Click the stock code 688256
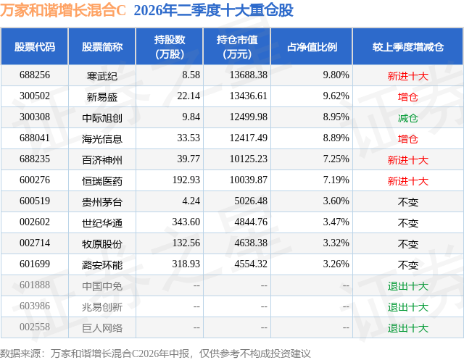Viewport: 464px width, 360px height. (x=35, y=75)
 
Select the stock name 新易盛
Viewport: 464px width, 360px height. (x=102, y=96)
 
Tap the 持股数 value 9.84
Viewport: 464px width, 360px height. (x=191, y=117)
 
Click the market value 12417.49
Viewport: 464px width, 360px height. (x=249, y=138)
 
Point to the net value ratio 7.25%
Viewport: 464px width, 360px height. (x=336, y=159)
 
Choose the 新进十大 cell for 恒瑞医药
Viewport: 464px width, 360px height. (x=408, y=181)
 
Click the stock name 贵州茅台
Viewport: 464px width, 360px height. (x=102, y=202)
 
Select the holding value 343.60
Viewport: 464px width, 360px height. (x=186, y=222)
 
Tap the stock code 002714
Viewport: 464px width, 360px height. (x=35, y=243)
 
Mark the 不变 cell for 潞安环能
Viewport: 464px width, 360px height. (x=408, y=265)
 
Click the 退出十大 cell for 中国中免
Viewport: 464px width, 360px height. (x=408, y=286)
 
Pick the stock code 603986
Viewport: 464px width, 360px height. (x=35, y=306)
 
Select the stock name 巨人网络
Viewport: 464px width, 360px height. (x=102, y=328)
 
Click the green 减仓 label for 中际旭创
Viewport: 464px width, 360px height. (x=408, y=118)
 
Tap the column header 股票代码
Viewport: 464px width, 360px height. (x=35, y=46)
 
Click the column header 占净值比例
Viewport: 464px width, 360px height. (x=312, y=46)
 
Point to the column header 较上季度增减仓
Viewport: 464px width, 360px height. (x=408, y=46)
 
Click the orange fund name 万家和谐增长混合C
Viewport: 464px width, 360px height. (x=63, y=10)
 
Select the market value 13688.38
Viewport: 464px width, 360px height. (x=249, y=75)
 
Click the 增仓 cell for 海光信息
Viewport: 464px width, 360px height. (x=408, y=139)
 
